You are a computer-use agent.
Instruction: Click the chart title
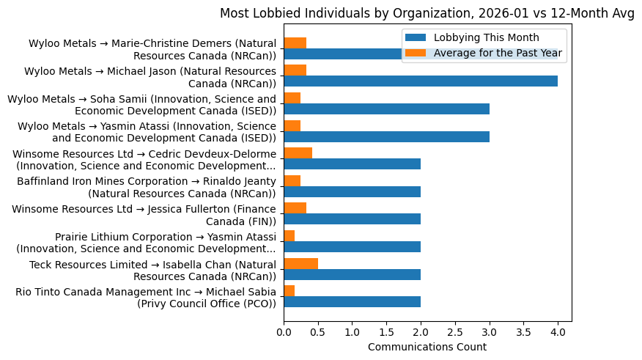[427, 13]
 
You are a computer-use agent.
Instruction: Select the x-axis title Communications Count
[427, 347]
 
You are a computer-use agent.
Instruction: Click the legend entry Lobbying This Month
[486, 37]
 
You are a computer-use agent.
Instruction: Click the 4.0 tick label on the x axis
[558, 332]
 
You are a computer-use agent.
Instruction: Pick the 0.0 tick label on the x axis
[284, 332]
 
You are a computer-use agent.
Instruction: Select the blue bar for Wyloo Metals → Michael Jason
[421, 81]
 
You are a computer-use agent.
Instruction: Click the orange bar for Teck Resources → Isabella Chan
[300, 264]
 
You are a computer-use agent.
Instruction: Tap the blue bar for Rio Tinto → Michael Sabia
[352, 302]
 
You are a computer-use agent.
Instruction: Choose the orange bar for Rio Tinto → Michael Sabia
[289, 291]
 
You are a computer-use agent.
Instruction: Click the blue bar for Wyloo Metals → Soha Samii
[386, 109]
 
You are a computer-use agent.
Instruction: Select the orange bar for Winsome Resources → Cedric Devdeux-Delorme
[298, 153]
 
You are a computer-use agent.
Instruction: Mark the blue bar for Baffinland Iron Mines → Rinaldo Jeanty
[352, 192]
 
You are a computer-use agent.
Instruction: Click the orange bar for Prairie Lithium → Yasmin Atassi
[289, 236]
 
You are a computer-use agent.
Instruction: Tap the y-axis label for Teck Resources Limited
[152, 270]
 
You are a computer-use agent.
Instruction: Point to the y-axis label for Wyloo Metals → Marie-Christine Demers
[152, 49]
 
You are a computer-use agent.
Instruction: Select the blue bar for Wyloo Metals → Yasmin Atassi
[386, 136]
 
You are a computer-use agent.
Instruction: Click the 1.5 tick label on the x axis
[386, 332]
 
